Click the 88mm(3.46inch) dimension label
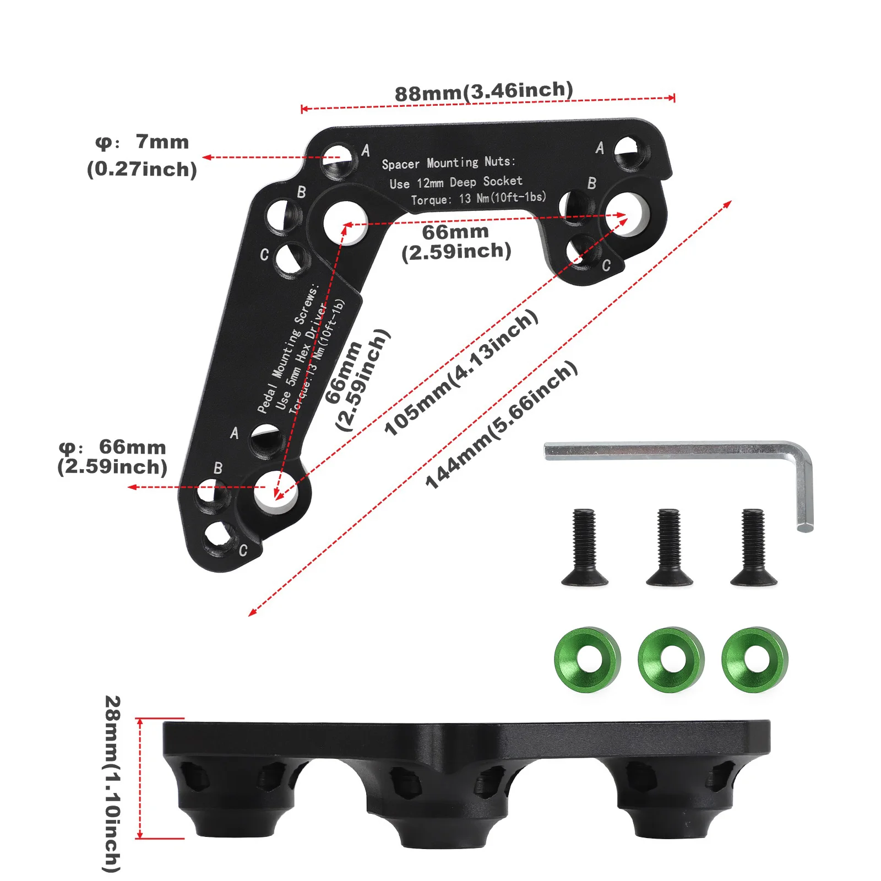coord(483,91)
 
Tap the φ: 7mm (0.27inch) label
coord(142,155)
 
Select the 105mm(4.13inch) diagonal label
coord(460,372)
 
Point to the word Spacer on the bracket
coord(400,164)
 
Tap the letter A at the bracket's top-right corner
coord(600,148)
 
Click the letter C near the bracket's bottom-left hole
coord(243,550)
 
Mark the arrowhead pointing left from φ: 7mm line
coord(207,157)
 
